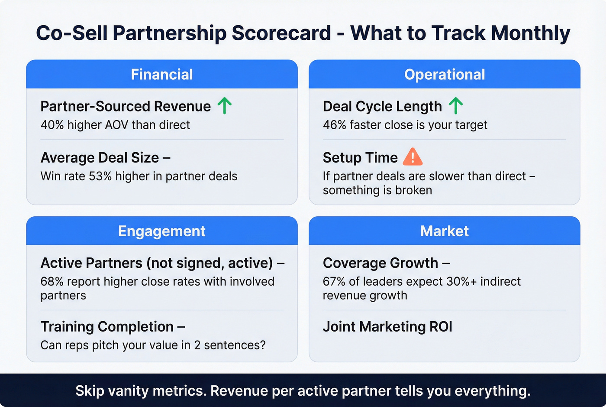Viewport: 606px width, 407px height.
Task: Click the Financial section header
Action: pos(162,75)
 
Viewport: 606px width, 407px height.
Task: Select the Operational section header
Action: pos(444,75)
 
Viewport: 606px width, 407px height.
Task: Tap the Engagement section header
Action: pos(162,231)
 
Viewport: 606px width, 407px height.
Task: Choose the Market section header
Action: pos(444,231)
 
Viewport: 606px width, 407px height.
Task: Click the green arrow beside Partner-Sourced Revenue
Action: pos(224,106)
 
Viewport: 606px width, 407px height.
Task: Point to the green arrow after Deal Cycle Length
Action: pos(455,106)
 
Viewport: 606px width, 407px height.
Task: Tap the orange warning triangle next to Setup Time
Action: pos(412,157)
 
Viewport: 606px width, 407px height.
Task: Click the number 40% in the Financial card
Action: pos(52,125)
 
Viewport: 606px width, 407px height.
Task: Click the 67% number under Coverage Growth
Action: pos(334,281)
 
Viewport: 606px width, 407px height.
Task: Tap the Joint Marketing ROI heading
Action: pos(387,326)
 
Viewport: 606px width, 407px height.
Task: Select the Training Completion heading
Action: pos(107,326)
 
